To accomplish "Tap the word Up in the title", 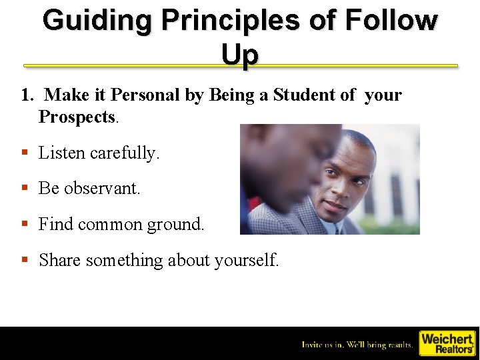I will [x=239, y=55].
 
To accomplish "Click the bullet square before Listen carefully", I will [x=25, y=153].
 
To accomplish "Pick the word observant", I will [x=102, y=189].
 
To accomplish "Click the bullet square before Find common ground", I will [x=25, y=225].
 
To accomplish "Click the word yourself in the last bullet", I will [x=246, y=261].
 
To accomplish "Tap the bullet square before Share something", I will [x=25, y=261].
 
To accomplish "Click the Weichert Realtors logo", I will [x=447, y=343].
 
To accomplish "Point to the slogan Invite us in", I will [x=357, y=345].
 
